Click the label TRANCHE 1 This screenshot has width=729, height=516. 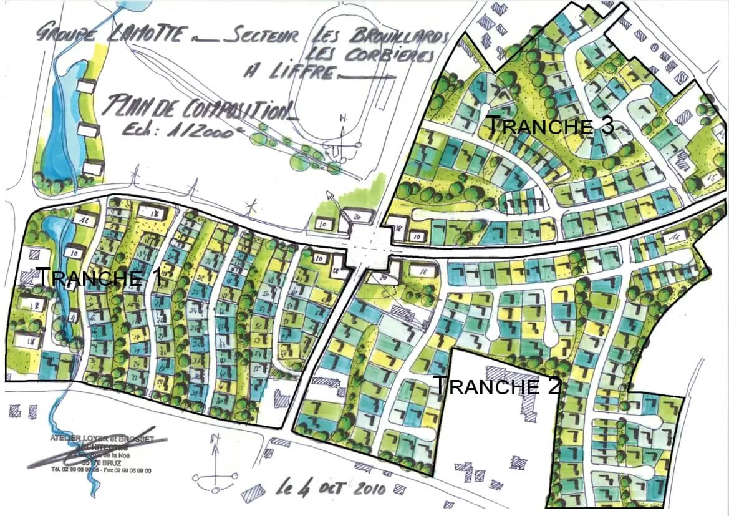[99, 276]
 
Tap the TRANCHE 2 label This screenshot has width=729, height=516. [496, 386]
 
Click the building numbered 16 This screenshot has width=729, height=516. [673, 238]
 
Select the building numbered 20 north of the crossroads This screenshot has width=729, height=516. [357, 216]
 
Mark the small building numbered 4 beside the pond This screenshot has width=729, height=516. [72, 317]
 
